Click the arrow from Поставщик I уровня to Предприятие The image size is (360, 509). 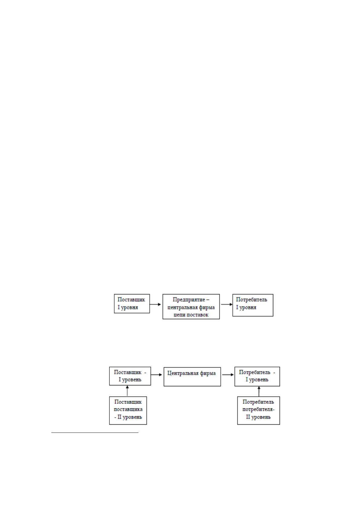click(155, 304)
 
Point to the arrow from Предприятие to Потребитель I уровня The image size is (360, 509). click(227, 304)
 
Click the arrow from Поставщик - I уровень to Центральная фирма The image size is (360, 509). click(157, 375)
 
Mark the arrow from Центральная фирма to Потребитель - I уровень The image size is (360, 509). click(228, 375)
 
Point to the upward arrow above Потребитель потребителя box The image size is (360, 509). click(259, 391)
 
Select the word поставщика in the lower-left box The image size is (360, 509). click(128, 409)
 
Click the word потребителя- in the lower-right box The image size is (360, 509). click(259, 410)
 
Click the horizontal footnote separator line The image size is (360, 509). click(95, 433)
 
